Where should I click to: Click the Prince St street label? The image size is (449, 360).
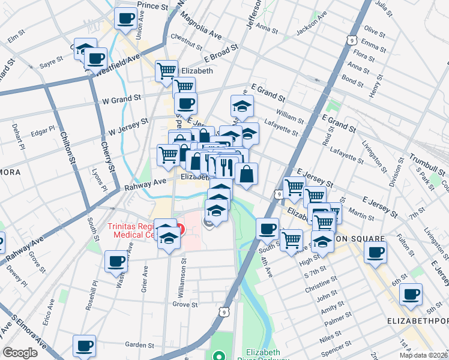coord(152,5)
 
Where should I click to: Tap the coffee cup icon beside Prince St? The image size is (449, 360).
coord(125,19)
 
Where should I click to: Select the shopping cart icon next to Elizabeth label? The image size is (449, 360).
coord(166,71)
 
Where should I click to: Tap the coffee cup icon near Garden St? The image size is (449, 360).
coord(84,346)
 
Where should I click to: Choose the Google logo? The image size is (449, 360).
coord(20,353)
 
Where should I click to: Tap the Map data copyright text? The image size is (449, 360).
coord(424,355)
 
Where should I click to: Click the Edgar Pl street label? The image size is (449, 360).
coord(42,130)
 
